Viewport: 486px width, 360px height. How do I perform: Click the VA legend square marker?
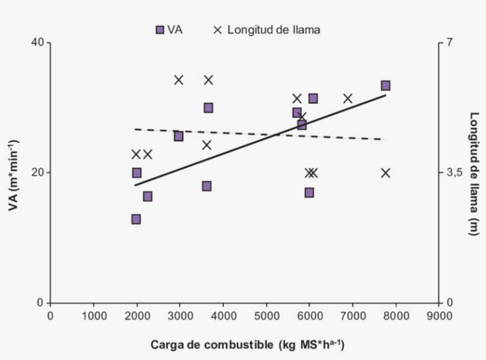(159, 30)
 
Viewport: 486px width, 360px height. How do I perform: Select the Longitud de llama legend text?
(273, 30)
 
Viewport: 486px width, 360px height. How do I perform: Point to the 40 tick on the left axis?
(36, 43)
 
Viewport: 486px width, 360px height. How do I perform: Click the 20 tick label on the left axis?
(36, 173)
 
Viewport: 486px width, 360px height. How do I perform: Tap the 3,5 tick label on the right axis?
(454, 173)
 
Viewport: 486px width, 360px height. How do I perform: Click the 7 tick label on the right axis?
(450, 43)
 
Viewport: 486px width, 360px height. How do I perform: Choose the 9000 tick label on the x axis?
(439, 316)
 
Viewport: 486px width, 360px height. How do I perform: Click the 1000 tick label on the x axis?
(93, 316)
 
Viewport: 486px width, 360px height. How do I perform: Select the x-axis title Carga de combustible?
(247, 344)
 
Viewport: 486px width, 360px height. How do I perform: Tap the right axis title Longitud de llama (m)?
(474, 174)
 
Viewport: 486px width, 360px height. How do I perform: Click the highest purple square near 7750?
(385, 86)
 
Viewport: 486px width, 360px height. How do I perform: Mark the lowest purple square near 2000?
(136, 219)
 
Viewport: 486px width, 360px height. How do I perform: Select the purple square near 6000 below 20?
(309, 193)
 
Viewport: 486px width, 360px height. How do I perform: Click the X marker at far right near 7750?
(386, 173)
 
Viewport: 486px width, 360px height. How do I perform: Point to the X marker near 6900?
(348, 98)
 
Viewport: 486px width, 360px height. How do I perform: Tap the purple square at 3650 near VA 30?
(208, 108)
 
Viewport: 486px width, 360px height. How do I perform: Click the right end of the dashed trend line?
(385, 139)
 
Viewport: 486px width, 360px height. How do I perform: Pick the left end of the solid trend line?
(135, 186)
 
